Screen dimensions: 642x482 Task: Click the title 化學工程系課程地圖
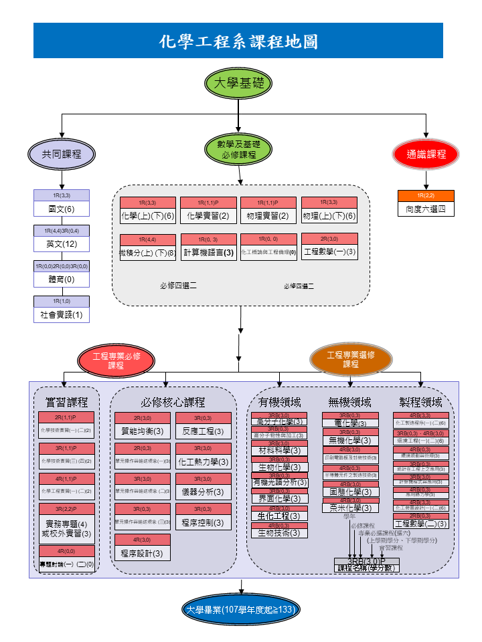[x=238, y=41]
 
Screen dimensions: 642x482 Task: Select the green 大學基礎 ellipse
[x=238, y=84]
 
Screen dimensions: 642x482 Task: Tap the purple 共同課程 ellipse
[x=62, y=154]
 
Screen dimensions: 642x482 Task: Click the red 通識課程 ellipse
[x=426, y=154]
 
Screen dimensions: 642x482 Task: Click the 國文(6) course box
[x=62, y=209]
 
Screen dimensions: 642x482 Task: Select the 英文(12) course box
[x=62, y=244]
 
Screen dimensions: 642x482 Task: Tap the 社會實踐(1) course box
[x=62, y=314]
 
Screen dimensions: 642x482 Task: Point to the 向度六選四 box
[x=426, y=209]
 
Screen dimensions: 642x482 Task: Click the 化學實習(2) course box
[x=209, y=216]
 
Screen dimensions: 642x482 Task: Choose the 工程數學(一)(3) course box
[x=329, y=252]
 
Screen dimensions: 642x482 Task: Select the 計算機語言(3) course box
[x=209, y=253]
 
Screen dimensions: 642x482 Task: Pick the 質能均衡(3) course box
[x=142, y=431]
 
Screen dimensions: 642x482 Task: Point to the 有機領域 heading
[x=280, y=402]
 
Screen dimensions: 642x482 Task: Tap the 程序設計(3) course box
[x=142, y=553]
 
